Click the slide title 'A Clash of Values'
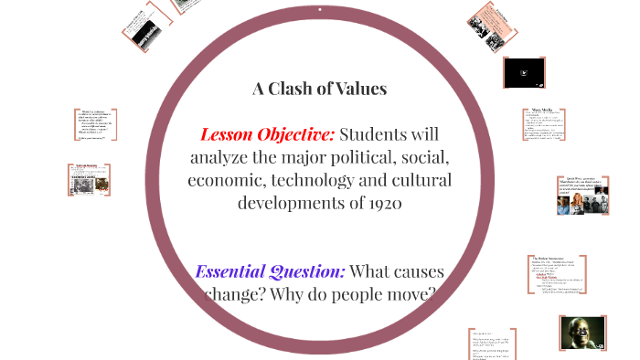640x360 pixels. tap(319, 89)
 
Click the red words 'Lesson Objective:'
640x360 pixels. tap(268, 134)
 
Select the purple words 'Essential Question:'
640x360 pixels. tap(270, 271)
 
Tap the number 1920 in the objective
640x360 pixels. tap(383, 202)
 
